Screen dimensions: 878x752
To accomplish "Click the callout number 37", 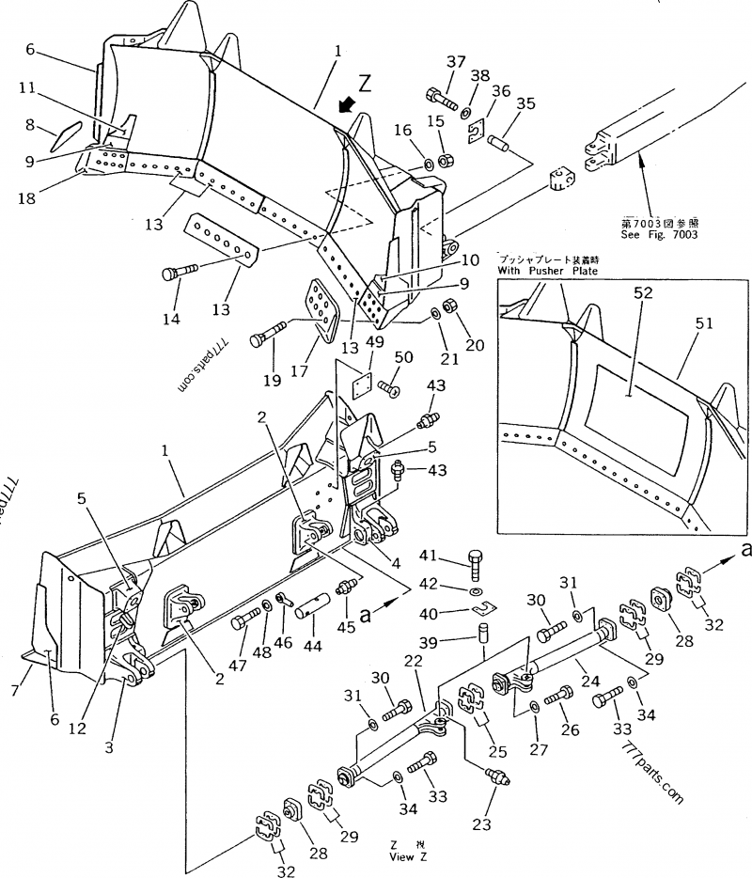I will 456,62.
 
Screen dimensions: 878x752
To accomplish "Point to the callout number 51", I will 704,324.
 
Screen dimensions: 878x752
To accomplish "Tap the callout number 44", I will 308,650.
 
